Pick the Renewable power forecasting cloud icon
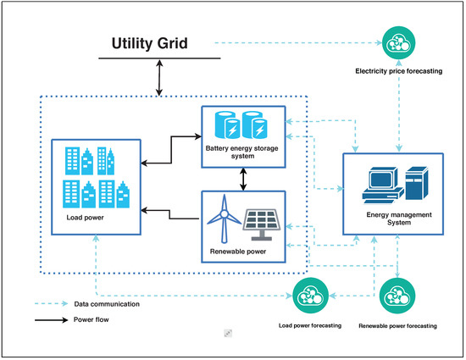click(397, 296)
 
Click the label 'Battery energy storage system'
click(243, 153)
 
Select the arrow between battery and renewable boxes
click(244, 177)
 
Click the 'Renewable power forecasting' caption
click(397, 325)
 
